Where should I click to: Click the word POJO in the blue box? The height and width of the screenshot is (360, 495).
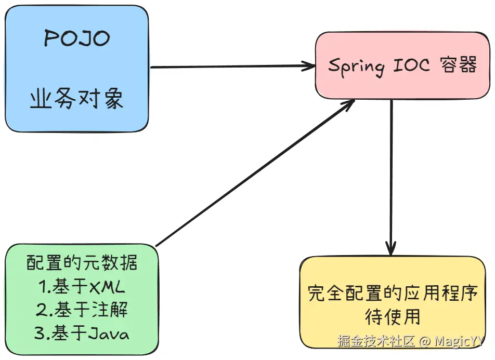77,38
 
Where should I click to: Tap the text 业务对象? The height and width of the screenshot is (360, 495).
77,98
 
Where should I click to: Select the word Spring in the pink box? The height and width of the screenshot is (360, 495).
357,66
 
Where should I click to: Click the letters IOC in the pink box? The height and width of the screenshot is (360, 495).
411,65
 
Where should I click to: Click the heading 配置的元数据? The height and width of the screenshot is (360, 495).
82,262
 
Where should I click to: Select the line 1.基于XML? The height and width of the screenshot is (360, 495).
82,286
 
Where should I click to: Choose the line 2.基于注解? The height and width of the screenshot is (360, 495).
82,310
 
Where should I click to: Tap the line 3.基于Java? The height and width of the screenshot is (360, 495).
82,333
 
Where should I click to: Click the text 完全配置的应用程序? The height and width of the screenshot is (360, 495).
393,293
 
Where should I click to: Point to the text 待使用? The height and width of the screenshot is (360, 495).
393,316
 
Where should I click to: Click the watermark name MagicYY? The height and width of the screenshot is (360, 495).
459,341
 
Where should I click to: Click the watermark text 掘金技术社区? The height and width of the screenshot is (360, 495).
376,341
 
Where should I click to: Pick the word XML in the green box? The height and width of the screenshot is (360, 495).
107,286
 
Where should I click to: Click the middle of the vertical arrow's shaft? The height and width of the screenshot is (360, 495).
392,177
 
